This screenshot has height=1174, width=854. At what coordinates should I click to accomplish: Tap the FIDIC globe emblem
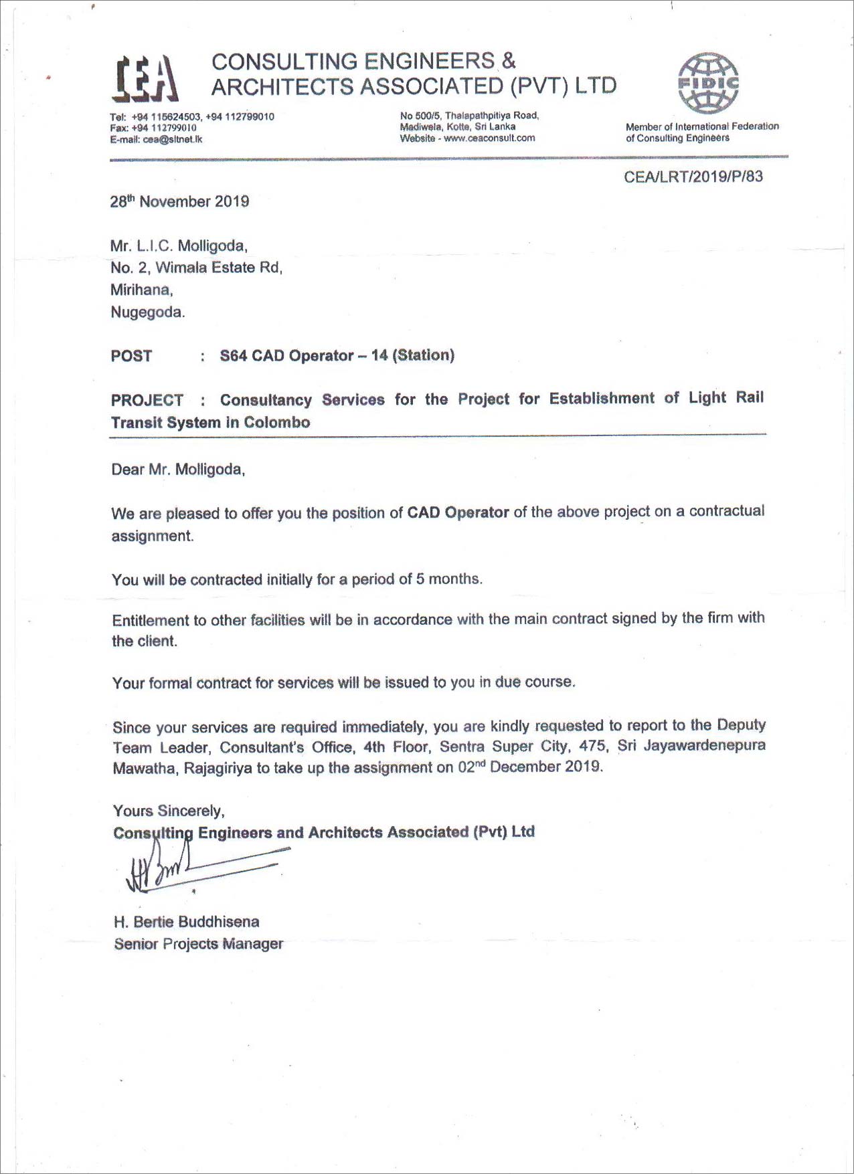(x=708, y=83)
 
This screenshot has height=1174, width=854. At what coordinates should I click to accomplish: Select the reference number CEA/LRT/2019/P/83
(x=693, y=177)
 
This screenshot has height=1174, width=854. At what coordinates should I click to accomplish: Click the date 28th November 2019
(x=179, y=201)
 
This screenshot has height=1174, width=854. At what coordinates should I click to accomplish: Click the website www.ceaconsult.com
(x=489, y=138)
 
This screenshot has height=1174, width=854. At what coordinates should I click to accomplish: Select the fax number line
(x=153, y=128)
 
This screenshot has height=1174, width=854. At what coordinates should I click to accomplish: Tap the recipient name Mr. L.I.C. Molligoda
(x=179, y=246)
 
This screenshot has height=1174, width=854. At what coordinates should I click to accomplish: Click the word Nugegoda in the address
(x=147, y=312)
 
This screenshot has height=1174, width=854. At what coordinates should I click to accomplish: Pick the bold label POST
(x=132, y=356)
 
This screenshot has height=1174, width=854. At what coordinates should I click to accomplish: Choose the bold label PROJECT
(x=147, y=400)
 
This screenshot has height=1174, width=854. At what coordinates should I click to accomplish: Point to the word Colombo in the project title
(x=276, y=422)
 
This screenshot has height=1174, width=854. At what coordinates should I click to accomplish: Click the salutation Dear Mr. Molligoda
(x=178, y=470)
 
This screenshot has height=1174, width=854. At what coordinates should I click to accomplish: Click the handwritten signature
(x=194, y=868)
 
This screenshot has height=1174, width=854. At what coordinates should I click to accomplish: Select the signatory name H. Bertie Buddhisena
(x=186, y=922)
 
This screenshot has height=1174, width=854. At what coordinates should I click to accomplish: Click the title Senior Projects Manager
(x=198, y=944)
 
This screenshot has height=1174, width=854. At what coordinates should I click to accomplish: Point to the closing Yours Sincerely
(x=169, y=811)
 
